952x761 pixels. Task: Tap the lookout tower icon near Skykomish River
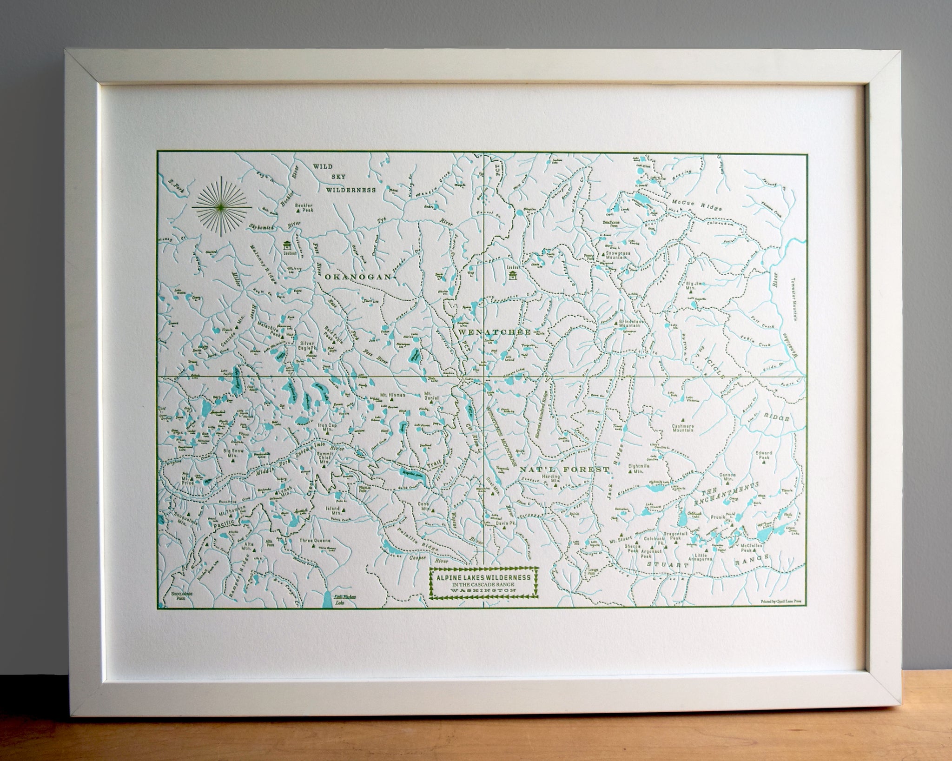(x=287, y=245)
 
